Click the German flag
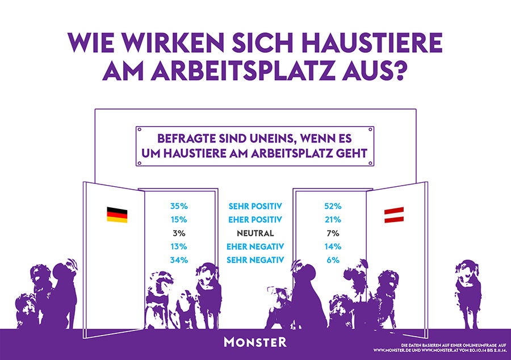coord(117,215)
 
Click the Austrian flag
coord(394,215)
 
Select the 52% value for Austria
coord(333,206)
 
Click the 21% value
coord(333,220)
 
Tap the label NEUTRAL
coord(256,233)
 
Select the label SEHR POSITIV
coord(256,206)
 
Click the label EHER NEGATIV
coord(256,247)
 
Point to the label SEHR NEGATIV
coord(256,261)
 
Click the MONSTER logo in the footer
coord(255,342)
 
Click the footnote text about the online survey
coord(439,347)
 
